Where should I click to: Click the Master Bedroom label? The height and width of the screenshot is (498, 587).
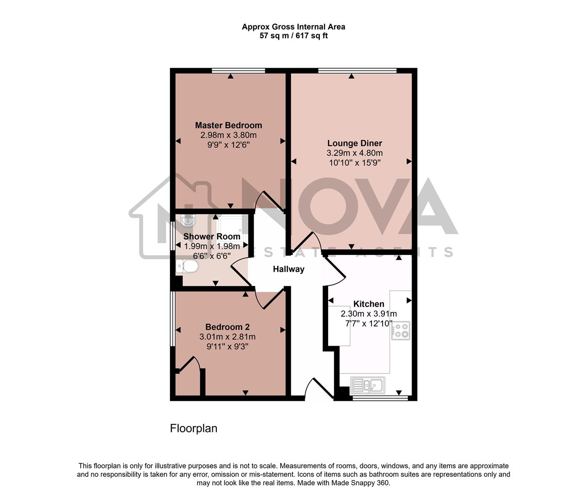pos(228,125)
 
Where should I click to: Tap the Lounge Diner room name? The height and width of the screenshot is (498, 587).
pos(354,143)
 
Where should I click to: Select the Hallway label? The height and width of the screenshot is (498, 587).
pos(288,269)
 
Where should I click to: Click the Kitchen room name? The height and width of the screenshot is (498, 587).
pos(369,304)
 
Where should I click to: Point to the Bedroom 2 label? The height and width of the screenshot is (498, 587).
pos(228,327)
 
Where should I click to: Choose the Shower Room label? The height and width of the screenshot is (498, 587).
pos(212,237)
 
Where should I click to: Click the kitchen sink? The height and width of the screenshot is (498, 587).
pos(368,385)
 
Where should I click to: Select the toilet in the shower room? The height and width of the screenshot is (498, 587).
pos(187,266)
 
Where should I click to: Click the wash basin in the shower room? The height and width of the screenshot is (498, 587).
pos(188,220)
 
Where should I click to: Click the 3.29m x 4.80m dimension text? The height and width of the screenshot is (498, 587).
pos(354,153)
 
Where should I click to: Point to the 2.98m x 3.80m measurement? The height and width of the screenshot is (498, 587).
pos(228,135)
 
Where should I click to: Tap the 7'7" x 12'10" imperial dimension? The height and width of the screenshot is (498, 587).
pos(369,324)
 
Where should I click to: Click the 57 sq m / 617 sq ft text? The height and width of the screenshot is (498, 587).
pos(293,36)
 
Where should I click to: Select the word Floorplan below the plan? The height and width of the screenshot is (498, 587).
pos(193,428)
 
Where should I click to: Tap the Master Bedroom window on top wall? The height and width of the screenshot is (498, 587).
pos(239,71)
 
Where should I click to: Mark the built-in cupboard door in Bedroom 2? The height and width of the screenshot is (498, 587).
pos(189,364)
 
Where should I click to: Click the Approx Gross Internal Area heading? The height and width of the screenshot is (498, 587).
pos(293,27)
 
